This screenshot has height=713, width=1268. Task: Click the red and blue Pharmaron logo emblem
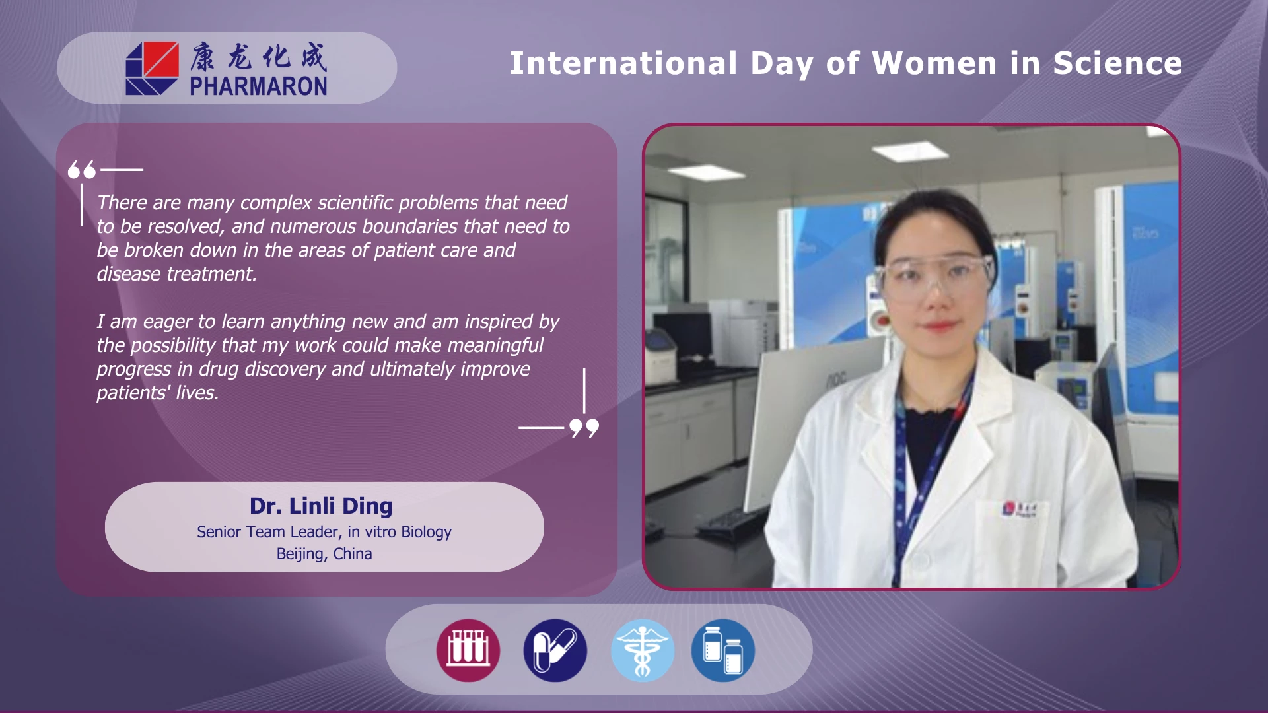pyautogui.click(x=152, y=69)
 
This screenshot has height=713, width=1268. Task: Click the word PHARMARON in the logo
pyautogui.click(x=258, y=86)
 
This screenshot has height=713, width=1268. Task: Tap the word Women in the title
pyautogui.click(x=934, y=63)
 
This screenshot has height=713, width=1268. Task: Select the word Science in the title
pyautogui.click(x=1117, y=63)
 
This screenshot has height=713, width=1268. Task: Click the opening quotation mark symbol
pyautogui.click(x=82, y=170)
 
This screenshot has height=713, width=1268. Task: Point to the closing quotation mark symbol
pyautogui.click(x=584, y=428)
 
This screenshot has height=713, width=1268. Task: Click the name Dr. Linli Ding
pyautogui.click(x=321, y=506)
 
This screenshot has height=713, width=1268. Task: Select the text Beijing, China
pyautogui.click(x=324, y=554)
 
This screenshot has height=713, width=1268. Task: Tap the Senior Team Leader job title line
pyautogui.click(x=324, y=532)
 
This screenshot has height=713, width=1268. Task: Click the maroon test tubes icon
pyautogui.click(x=468, y=650)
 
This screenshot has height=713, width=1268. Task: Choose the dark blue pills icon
pyautogui.click(x=555, y=650)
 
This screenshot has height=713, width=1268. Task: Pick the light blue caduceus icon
pyautogui.click(x=642, y=650)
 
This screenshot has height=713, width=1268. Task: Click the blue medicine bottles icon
pyautogui.click(x=723, y=650)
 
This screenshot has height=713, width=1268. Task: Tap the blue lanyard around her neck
pyautogui.click(x=925, y=462)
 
